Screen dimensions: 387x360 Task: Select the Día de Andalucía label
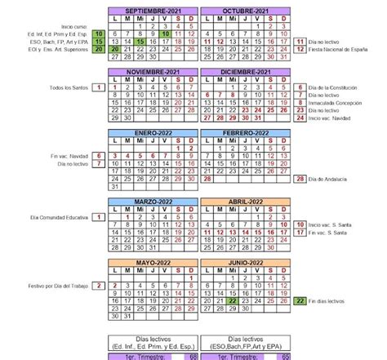click(x=331, y=179)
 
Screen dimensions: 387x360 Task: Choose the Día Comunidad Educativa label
click(x=60, y=217)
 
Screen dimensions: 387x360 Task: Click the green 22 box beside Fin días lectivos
click(x=300, y=301)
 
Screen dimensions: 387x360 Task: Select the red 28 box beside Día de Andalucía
click(x=300, y=179)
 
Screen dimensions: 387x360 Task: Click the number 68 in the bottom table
click(x=193, y=356)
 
